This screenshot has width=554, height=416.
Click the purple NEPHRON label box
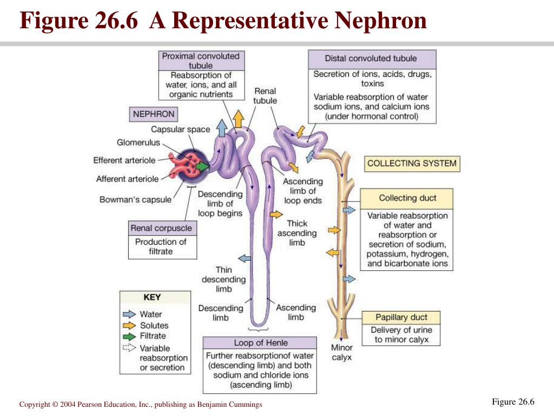pos(153,114)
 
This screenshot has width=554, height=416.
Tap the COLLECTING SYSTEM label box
pos(412,164)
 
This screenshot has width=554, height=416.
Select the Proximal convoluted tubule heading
pos(201,61)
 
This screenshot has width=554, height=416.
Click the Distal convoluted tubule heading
pos(372,59)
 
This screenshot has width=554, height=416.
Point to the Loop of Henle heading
pos(260,343)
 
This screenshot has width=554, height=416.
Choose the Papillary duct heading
pos(401,317)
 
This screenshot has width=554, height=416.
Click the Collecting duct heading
pos(407,198)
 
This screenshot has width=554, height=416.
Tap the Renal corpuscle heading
pos(162,228)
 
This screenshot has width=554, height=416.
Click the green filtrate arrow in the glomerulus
pos(202,166)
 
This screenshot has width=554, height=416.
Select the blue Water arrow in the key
pos(129,314)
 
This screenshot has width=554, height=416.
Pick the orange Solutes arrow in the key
pos(129,325)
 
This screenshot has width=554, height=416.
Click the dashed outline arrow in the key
pos(129,348)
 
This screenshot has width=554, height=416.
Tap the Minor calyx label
pos(342,352)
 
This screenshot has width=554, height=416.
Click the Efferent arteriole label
pos(124,160)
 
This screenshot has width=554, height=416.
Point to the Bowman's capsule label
pos(135,199)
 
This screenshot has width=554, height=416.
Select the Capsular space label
pos(181,129)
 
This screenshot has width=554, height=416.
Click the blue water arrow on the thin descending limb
pos(245,258)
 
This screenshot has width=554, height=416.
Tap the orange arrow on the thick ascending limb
pos(276,214)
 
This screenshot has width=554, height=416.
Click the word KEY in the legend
pos(152,297)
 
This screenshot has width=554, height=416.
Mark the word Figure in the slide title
pos(54,21)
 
